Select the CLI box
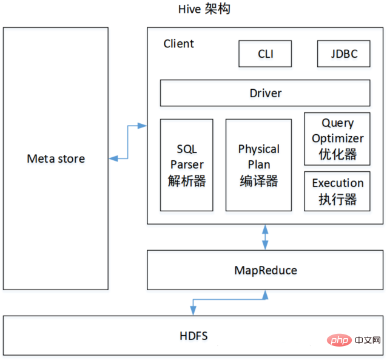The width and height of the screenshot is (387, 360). click(x=265, y=54)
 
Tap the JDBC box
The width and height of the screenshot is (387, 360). click(x=343, y=54)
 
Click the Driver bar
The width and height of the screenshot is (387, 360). click(x=265, y=93)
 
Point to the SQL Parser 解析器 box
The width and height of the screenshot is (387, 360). click(x=186, y=165)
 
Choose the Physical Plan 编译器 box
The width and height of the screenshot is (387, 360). click(x=258, y=165)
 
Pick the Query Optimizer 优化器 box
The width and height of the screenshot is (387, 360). click(x=337, y=138)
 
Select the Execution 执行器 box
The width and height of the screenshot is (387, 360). click(x=337, y=191)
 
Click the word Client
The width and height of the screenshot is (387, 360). click(x=179, y=44)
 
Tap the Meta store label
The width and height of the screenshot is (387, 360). click(x=56, y=159)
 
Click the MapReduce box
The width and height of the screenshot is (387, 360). click(x=265, y=270)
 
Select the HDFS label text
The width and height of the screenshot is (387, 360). click(x=195, y=335)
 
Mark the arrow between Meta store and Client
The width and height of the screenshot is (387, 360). click(x=128, y=142)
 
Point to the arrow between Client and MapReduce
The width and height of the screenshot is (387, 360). click(x=265, y=237)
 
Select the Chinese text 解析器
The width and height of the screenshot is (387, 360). click(x=186, y=180)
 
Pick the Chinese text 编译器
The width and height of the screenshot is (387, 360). click(x=258, y=180)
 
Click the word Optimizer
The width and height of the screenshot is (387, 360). click(x=337, y=138)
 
